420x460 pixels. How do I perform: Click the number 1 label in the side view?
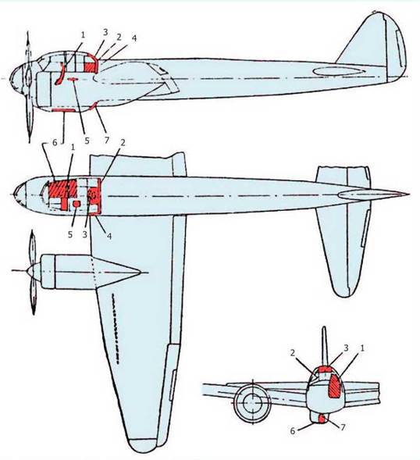(x=83, y=35)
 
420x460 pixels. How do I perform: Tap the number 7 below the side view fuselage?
(x=106, y=140)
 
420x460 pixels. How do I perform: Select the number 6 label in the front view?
(x=293, y=430)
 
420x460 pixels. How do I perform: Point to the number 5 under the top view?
(x=70, y=235)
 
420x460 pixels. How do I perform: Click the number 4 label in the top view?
(x=109, y=236)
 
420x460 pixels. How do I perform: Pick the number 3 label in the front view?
(x=346, y=348)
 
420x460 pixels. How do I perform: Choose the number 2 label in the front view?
(x=293, y=353)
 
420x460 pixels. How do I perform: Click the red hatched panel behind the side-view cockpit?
(x=90, y=67)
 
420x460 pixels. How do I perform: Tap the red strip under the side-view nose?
(x=63, y=110)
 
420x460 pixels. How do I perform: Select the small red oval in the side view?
(x=73, y=79)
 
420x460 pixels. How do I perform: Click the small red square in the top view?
(x=77, y=204)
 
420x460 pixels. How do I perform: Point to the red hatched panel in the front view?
(x=335, y=387)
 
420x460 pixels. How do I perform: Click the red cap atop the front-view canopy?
(x=325, y=369)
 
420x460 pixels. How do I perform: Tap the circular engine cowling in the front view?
(x=252, y=402)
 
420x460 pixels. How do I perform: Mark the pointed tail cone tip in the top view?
(x=408, y=194)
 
